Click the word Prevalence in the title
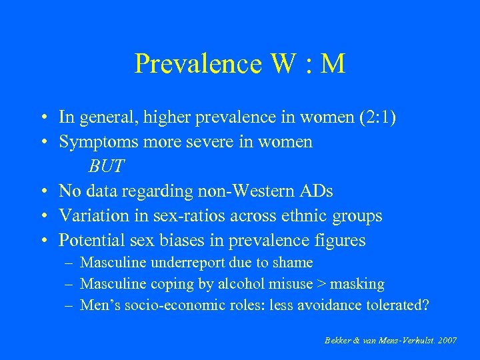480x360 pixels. click(x=190, y=64)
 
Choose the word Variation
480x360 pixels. click(x=93, y=216)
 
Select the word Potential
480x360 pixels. click(x=91, y=240)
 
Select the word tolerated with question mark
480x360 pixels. click(x=397, y=305)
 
